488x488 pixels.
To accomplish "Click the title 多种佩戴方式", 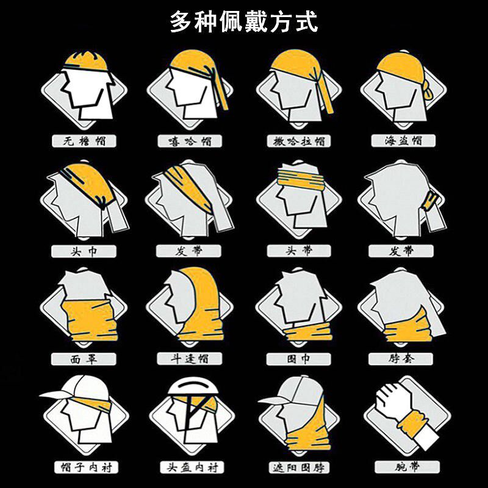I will click(243, 23).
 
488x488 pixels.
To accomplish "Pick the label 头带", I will click(299, 251).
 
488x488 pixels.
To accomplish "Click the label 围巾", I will click(299, 359).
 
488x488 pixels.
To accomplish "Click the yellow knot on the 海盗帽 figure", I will click(430, 92).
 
